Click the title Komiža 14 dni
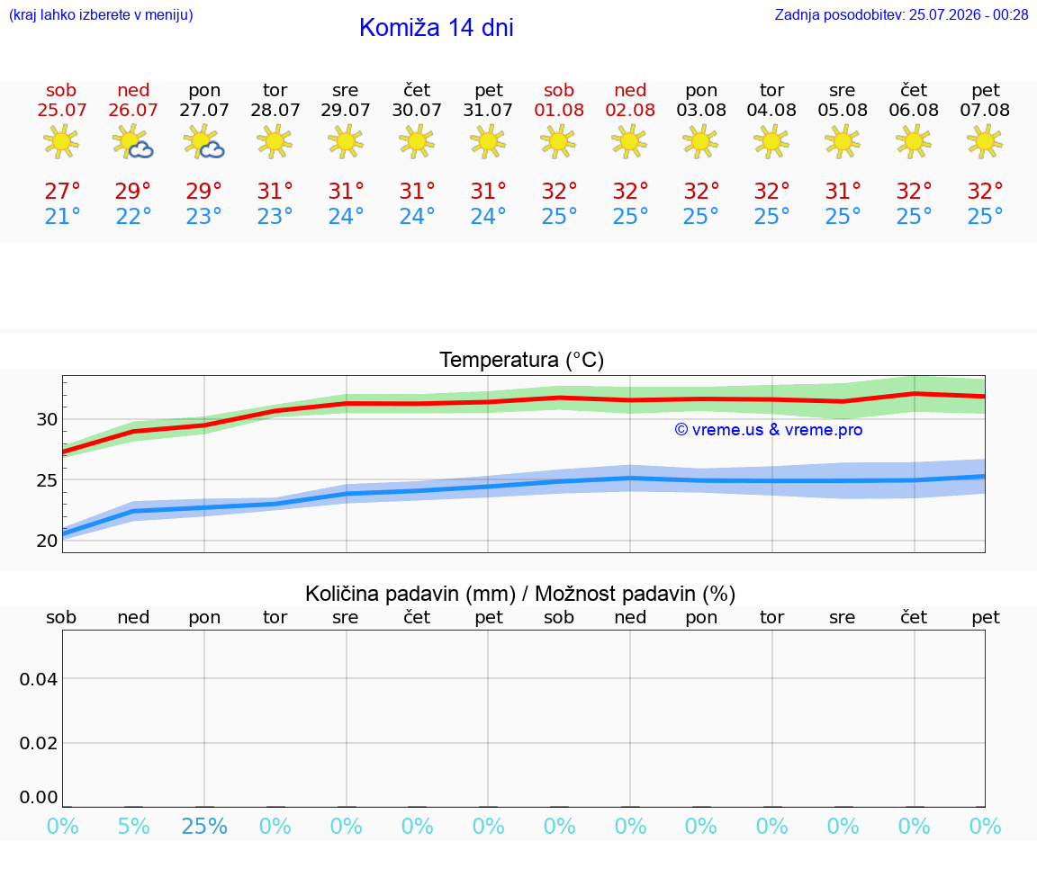tap(436, 28)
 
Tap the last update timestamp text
tap(901, 14)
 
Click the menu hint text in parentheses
tap(101, 14)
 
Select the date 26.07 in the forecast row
tap(133, 110)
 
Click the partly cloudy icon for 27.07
tap(203, 142)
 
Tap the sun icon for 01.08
tap(558, 142)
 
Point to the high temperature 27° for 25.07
tap(62, 191)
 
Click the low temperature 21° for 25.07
tap(62, 216)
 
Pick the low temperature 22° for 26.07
tap(133, 216)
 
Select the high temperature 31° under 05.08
tap(843, 191)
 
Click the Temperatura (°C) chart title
tap(522, 360)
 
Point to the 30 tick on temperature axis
tap(47, 419)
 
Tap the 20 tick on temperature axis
tap(47, 541)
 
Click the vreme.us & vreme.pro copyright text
tap(768, 430)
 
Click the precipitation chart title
tap(519, 594)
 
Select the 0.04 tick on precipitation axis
tap(39, 679)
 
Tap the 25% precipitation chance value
tap(204, 826)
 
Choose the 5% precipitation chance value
tap(133, 826)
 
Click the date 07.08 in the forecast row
tap(985, 110)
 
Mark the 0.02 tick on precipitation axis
tap(39, 743)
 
